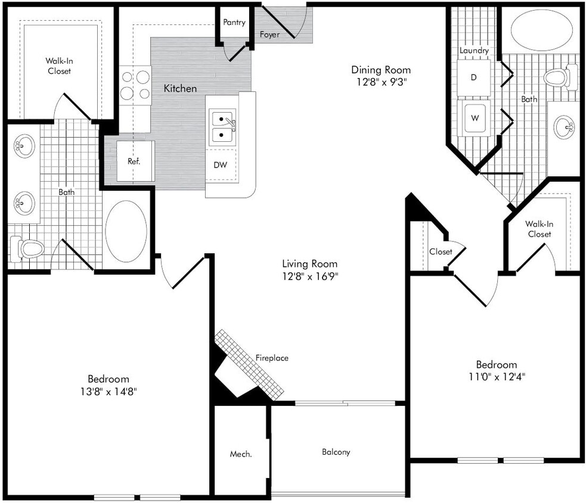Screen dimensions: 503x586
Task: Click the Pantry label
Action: coord(234,23)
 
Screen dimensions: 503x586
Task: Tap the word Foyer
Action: coord(269,35)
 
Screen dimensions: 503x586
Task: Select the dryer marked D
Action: coord(474,77)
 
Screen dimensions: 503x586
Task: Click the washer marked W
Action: coord(475,118)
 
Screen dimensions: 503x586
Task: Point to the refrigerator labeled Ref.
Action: coord(134,161)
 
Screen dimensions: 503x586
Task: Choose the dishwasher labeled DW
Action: coord(221,164)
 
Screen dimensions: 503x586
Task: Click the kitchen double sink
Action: coord(222,127)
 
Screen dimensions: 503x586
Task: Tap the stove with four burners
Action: coord(135,85)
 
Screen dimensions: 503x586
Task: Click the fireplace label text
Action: coord(272,358)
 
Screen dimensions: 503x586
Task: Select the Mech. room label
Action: coord(241,454)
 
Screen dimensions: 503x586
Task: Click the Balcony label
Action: coord(336,452)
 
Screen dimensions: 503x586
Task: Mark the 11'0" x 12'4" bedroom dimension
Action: coord(496,377)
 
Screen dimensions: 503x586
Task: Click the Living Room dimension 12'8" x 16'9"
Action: coord(309,275)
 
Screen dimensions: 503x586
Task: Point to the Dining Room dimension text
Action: coord(380,82)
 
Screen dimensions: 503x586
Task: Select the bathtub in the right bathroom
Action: coord(541,30)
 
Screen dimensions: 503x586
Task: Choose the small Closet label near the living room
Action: coord(441,251)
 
